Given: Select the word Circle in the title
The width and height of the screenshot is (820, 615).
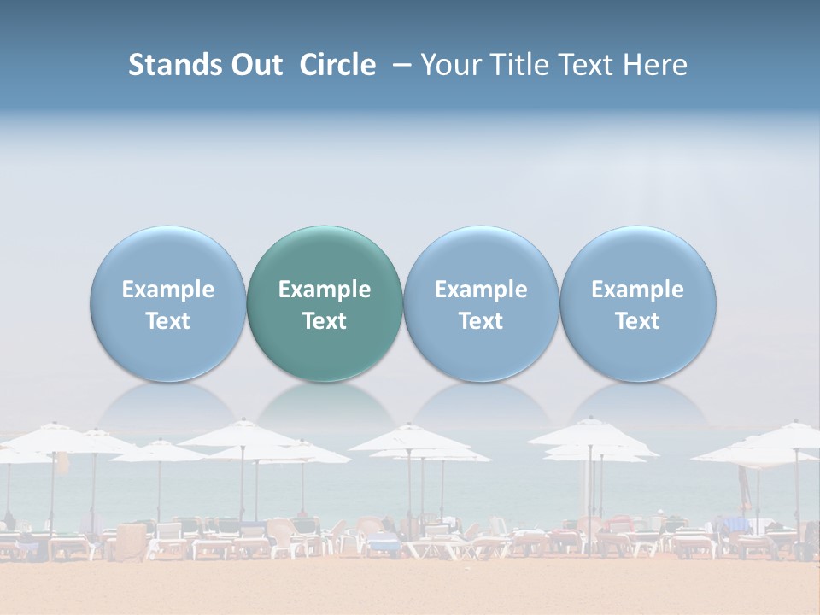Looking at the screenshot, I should (x=337, y=65).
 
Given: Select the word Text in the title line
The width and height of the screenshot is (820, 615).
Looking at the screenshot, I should (x=589, y=65).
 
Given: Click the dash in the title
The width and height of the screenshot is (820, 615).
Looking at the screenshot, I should (x=399, y=65).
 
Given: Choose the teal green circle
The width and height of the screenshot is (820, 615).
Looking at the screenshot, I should (x=325, y=303).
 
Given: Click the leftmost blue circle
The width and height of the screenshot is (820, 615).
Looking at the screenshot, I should (x=168, y=303).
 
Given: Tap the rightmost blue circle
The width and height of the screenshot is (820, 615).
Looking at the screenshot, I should (x=638, y=303).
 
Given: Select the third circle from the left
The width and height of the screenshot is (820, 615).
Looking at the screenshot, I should (x=481, y=303).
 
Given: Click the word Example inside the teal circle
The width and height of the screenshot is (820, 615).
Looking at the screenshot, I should (x=325, y=290).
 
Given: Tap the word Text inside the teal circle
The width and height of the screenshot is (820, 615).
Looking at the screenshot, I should (x=325, y=321).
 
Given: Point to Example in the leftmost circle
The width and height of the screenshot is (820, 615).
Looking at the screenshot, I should (x=168, y=290).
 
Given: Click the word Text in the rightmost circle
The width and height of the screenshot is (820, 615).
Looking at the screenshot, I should (x=638, y=321).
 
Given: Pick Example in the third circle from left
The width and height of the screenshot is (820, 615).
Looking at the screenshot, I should (x=481, y=290).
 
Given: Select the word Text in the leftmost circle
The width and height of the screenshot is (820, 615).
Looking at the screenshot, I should (x=168, y=321).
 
